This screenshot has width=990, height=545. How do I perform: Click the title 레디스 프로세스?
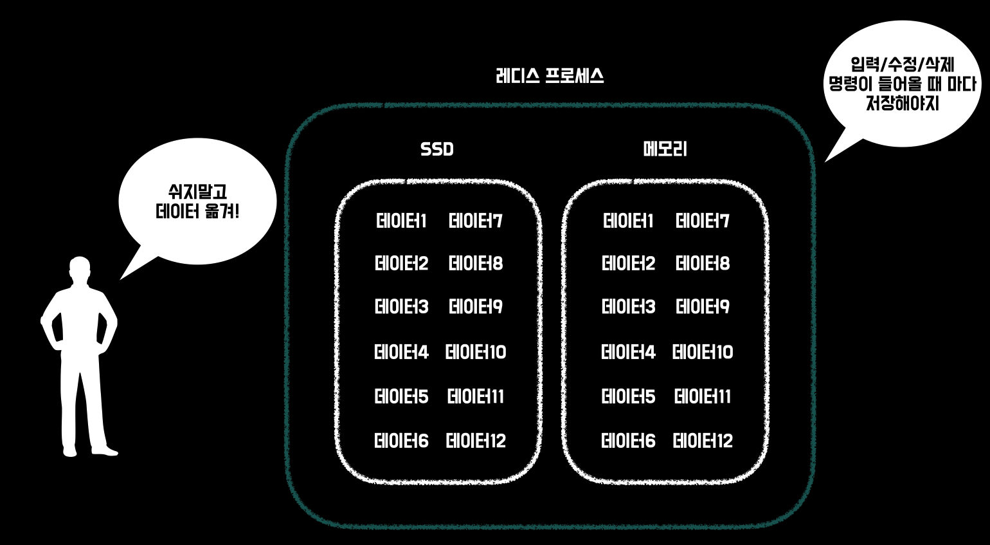(x=550, y=76)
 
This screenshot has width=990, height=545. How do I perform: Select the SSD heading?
(x=437, y=149)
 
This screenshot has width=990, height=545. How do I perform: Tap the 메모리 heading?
(x=665, y=149)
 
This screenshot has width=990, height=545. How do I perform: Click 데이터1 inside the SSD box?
(x=401, y=221)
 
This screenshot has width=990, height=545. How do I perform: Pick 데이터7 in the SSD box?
(x=476, y=221)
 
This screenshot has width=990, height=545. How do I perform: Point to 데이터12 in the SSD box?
(x=476, y=441)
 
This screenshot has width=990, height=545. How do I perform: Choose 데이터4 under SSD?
(x=401, y=352)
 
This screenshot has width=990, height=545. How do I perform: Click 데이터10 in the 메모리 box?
(x=703, y=352)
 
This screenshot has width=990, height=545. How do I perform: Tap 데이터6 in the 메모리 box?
(x=628, y=441)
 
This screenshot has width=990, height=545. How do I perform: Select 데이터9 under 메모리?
(x=703, y=306)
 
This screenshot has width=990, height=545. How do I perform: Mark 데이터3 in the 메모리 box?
(x=628, y=306)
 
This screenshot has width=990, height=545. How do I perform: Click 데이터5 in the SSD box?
(x=401, y=396)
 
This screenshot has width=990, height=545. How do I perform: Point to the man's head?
(x=80, y=268)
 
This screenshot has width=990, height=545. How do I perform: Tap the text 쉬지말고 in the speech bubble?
(x=197, y=191)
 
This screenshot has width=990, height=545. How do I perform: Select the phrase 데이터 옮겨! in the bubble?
(x=197, y=211)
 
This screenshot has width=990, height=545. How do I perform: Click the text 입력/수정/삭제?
(x=902, y=64)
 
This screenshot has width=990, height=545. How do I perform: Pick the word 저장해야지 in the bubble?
(x=902, y=103)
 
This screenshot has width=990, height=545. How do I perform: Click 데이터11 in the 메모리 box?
(x=703, y=396)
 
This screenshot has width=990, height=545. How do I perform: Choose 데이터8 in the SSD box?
(x=476, y=263)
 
